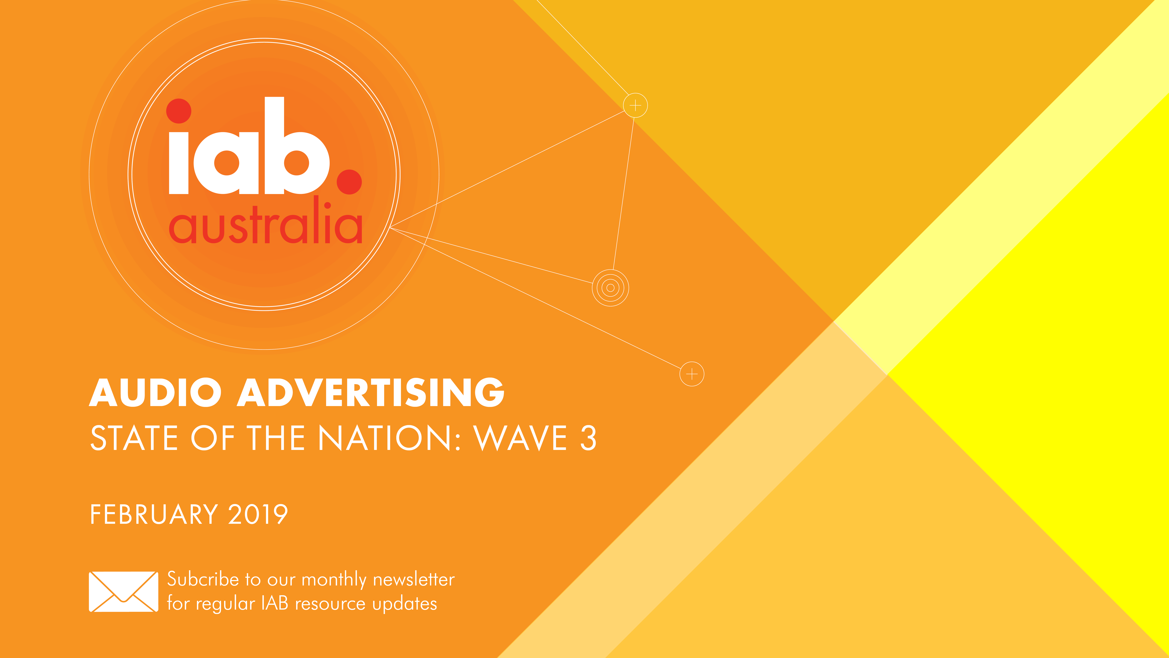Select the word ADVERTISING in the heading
click(371, 392)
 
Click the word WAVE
click(520, 438)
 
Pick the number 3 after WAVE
click(588, 438)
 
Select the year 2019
click(258, 515)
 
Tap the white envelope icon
click(123, 592)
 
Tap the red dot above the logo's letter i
click(179, 111)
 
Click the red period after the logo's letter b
click(349, 182)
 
